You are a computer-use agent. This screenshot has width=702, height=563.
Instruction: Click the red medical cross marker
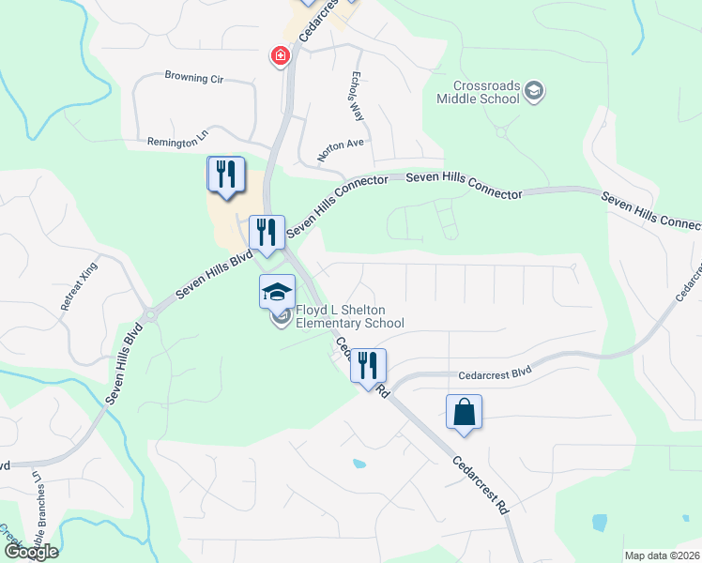(280, 57)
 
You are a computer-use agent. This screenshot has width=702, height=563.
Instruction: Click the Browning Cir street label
(200, 78)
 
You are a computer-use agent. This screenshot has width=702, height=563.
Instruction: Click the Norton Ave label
(339, 147)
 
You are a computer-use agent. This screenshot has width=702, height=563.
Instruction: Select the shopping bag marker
(465, 412)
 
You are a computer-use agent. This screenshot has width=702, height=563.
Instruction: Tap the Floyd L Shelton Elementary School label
(350, 317)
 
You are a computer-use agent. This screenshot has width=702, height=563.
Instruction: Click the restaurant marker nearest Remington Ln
(225, 175)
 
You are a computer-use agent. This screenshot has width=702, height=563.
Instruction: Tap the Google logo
(31, 551)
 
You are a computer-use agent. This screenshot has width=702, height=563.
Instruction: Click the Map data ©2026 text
(662, 555)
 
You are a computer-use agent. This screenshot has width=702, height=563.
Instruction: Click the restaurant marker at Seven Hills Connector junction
(267, 233)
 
